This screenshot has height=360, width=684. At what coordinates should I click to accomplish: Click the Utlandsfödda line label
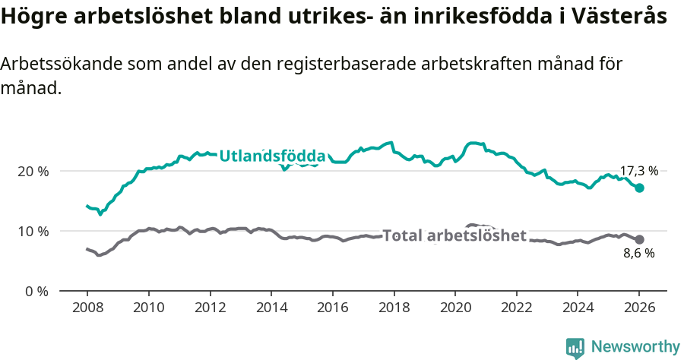(272, 156)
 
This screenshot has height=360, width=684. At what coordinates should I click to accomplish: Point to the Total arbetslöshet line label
(454, 235)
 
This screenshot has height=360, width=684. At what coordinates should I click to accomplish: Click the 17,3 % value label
(639, 172)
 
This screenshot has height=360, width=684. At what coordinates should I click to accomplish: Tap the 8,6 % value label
(638, 254)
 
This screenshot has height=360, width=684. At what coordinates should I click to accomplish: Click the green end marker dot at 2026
(640, 188)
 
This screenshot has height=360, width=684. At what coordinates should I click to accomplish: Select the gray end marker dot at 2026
(640, 239)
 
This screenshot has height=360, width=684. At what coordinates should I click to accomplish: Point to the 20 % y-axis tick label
(34, 171)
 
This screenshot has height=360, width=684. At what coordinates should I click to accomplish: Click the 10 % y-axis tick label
(34, 231)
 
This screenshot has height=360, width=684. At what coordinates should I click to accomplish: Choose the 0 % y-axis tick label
(37, 291)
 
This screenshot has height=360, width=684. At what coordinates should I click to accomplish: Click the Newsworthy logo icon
(575, 347)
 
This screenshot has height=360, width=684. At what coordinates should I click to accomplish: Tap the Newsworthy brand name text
(635, 347)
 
